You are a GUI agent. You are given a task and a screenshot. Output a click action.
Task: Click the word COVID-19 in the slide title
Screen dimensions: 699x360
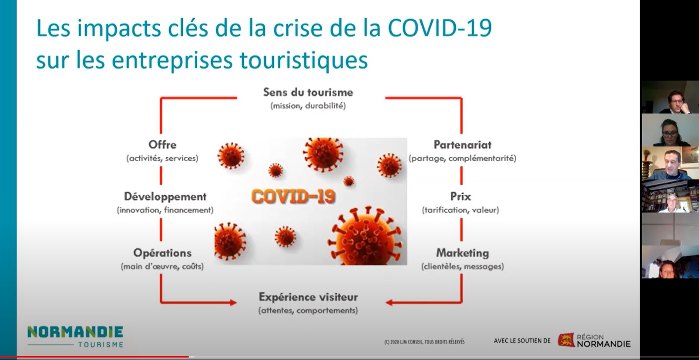[439, 28]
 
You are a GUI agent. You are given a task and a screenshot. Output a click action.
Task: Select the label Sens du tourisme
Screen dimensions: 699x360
[308, 92]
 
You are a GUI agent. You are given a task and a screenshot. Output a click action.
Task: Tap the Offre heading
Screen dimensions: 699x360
[162, 144]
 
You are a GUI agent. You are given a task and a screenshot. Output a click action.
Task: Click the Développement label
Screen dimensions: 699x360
[165, 197]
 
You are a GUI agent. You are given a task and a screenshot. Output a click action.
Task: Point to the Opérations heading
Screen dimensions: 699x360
[162, 253]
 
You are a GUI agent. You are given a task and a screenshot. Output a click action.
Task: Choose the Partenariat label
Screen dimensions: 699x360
[463, 145]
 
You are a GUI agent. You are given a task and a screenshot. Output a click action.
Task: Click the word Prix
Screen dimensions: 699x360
[461, 197]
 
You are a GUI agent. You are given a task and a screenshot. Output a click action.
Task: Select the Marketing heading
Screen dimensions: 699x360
[463, 253]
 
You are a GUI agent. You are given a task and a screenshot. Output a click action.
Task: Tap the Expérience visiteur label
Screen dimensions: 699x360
[308, 297]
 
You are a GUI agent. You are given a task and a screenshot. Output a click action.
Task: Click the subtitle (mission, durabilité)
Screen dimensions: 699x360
[308, 106]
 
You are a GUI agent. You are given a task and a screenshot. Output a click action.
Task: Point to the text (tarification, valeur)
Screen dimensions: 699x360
[461, 210]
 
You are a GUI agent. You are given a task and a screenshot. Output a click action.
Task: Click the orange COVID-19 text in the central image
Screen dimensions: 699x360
[293, 197]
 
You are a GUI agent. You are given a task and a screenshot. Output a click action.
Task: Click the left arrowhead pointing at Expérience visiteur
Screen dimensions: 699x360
[233, 302]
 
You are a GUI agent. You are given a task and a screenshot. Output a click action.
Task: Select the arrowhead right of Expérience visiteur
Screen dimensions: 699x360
[389, 302]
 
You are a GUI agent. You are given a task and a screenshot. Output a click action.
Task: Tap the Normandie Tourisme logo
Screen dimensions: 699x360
[75, 337]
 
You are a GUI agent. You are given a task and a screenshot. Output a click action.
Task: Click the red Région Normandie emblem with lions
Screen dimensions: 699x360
[566, 340]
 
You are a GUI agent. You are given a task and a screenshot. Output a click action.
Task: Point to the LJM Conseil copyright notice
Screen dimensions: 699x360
[424, 342]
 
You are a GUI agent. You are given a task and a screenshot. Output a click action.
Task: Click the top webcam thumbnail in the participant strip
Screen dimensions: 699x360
[670, 97]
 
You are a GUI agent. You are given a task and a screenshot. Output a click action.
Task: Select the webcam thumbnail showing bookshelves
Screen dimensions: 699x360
[670, 196]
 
